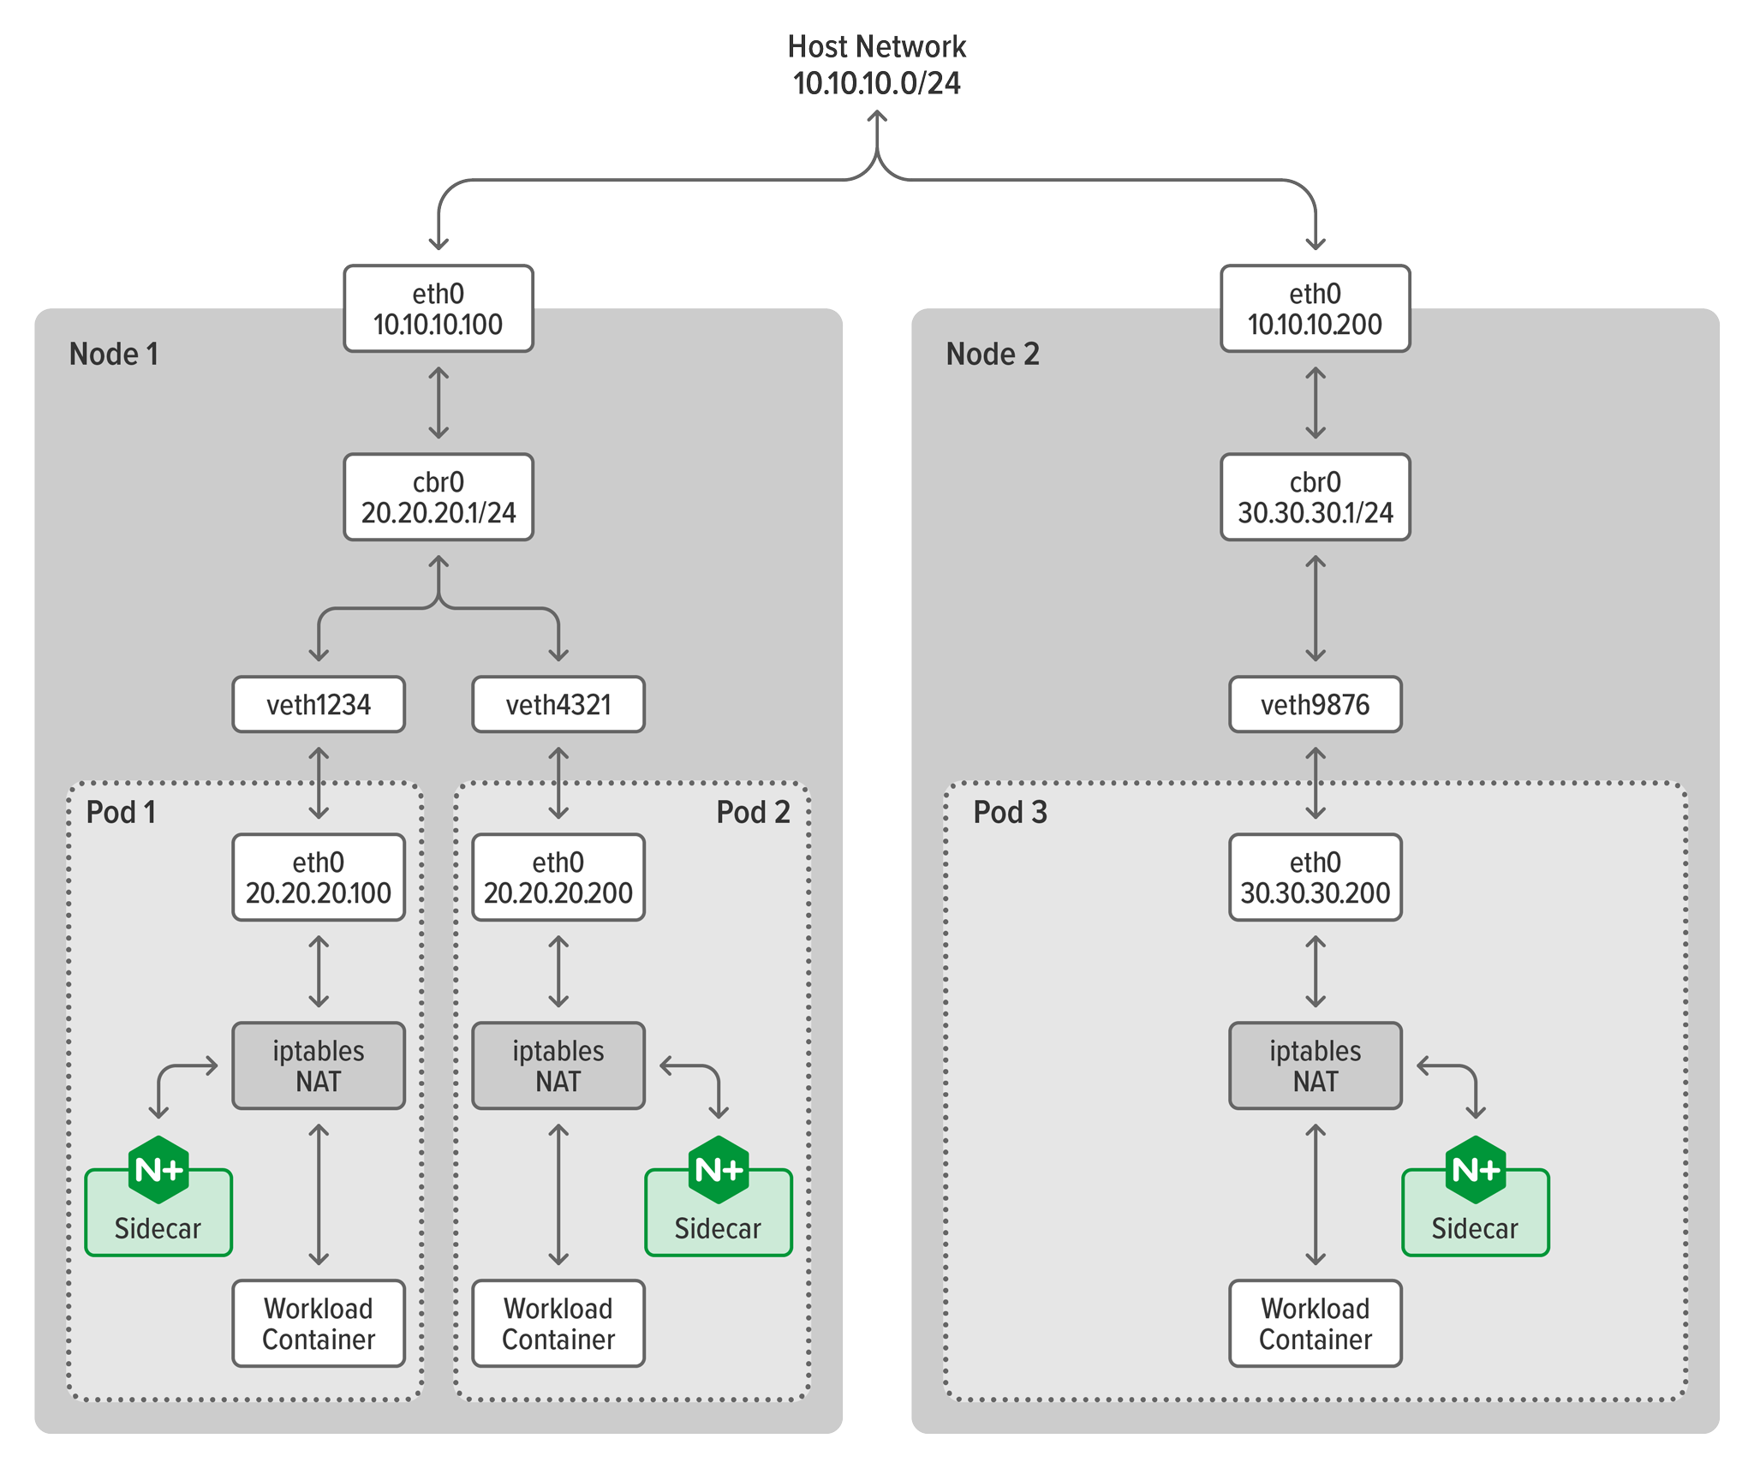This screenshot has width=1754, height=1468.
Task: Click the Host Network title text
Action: [876, 47]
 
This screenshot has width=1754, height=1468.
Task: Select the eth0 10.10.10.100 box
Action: [438, 308]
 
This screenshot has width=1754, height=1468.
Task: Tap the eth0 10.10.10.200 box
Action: [1315, 308]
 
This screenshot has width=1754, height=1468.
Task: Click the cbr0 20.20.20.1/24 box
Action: [438, 497]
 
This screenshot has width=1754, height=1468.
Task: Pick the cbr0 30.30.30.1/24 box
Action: [1315, 497]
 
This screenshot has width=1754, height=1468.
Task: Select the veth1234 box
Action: [319, 704]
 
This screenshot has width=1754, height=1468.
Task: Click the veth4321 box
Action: [558, 704]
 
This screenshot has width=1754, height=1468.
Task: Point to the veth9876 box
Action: [1315, 704]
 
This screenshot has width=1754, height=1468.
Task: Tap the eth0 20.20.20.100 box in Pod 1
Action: [319, 877]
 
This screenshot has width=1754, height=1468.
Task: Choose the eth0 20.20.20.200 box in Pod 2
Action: [558, 877]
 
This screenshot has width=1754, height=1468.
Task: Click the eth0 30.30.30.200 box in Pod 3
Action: [1315, 877]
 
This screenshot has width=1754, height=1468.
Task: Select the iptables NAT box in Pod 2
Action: [558, 1065]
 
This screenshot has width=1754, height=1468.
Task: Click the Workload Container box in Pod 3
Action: [1315, 1323]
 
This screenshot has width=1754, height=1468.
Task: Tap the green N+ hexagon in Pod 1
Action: [158, 1169]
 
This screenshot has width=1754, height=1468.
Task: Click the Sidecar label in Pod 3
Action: [1474, 1228]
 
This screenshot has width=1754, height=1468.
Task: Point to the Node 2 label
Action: [992, 354]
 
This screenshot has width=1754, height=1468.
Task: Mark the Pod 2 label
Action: [753, 812]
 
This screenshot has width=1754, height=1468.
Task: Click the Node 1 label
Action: [114, 354]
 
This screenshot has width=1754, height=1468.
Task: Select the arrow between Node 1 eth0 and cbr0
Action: [438, 403]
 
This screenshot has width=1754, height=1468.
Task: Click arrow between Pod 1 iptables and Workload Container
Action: [319, 1195]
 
